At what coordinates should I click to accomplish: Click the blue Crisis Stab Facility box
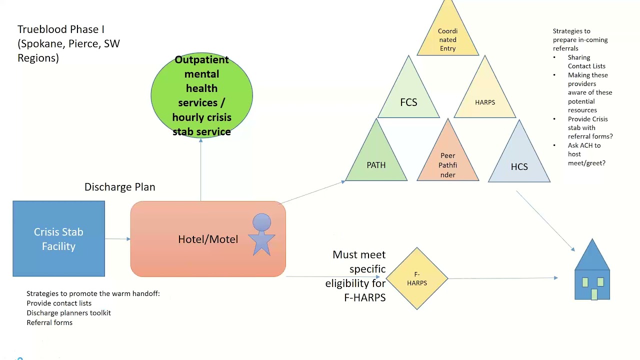pyautogui.click(x=58, y=239)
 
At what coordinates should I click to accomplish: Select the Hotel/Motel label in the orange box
pyautogui.click(x=208, y=239)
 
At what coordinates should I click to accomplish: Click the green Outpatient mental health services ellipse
pyautogui.click(x=201, y=95)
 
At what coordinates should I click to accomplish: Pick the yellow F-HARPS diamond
pyautogui.click(x=417, y=278)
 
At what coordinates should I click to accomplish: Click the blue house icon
pyautogui.click(x=592, y=272)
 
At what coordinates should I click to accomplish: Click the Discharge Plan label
pyautogui.click(x=119, y=187)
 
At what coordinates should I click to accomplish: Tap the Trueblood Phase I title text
pyautogui.click(x=68, y=43)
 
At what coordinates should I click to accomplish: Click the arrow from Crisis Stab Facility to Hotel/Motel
pyautogui.click(x=117, y=239)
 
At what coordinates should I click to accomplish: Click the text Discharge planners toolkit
pyautogui.click(x=68, y=313)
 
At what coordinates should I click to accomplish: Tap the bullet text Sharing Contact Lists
pyautogui.click(x=586, y=61)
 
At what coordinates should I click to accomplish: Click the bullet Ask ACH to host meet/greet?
pyautogui.click(x=586, y=154)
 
